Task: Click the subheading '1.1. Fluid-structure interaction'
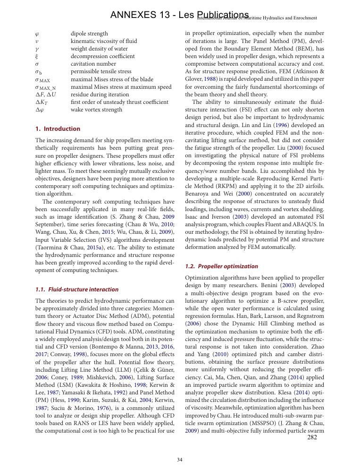tap(77, 290)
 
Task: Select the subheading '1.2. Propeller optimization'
tap(221, 266)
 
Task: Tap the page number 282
tap(312, 437)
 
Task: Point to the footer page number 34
tap(180, 460)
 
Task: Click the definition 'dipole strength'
tap(89, 34)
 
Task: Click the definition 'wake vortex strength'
tap(96, 110)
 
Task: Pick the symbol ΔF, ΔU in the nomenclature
tap(45, 94)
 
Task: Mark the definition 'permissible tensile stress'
tap(101, 71)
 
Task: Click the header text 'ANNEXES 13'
tap(136, 16)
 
